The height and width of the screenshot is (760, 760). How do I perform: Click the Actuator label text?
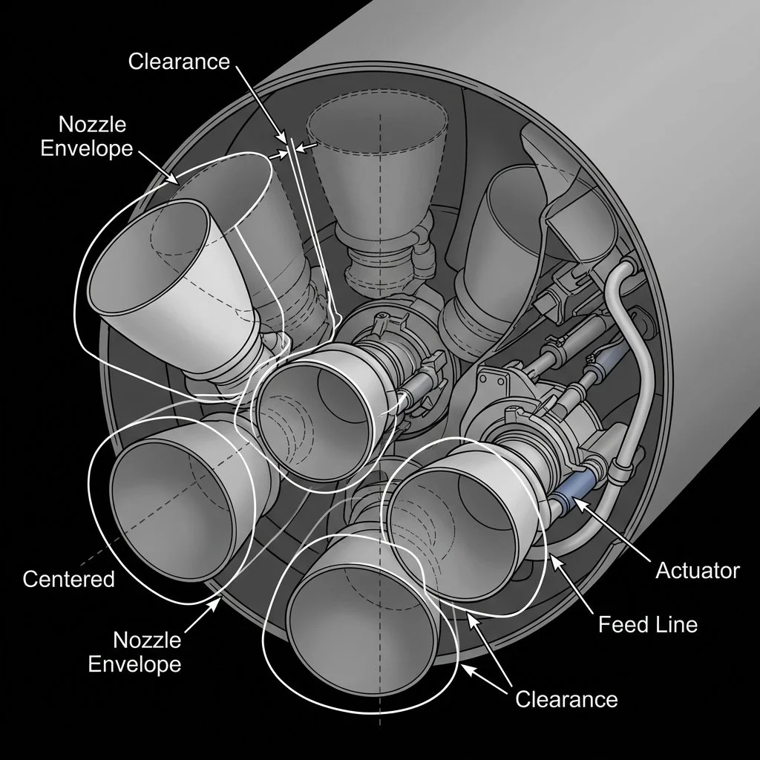(697, 570)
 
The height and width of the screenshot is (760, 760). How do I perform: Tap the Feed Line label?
(647, 624)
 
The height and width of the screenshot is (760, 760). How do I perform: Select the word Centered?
(68, 578)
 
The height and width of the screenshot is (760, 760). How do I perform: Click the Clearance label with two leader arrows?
(566, 698)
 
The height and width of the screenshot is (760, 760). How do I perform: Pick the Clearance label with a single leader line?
(179, 61)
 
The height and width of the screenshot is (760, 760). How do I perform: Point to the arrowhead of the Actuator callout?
(576, 504)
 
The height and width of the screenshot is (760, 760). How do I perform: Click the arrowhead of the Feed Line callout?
(551, 554)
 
